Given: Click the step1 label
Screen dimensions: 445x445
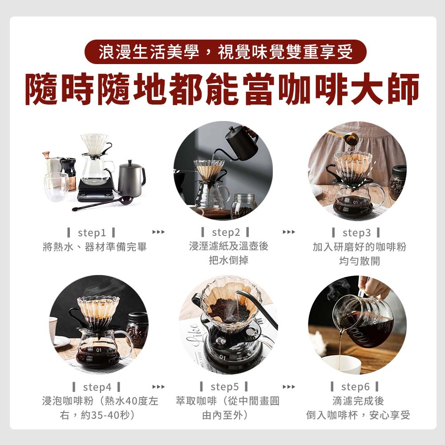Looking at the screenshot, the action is tap(92, 233).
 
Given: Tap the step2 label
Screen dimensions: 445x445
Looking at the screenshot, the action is tap(226, 232).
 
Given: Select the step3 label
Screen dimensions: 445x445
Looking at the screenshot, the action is tap(356, 233).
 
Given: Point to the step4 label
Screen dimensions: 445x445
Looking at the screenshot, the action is tap(97, 387).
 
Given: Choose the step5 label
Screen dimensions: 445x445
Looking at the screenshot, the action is tap(224, 387).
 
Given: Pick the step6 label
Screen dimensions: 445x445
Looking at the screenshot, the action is tap(355, 387).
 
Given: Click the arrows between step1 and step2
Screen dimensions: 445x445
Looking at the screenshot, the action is tap(158, 232).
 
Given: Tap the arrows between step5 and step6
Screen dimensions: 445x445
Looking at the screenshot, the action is tap(289, 387).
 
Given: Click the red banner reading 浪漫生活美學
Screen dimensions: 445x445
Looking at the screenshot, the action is tap(226, 52).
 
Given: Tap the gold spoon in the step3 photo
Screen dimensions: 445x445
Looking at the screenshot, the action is tap(344, 138).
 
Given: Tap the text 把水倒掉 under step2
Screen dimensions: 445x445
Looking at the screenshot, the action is tap(229, 260).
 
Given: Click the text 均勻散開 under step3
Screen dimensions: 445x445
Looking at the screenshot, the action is tap(359, 261).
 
